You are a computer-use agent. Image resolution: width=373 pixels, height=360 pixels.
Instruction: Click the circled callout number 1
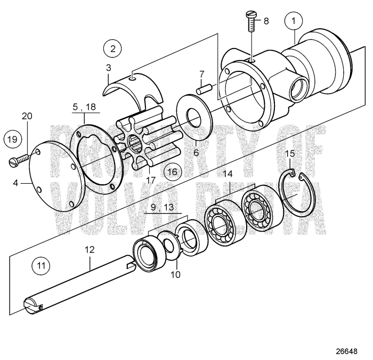tap(293, 21)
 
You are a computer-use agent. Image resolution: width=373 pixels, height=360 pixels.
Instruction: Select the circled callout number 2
tap(111, 48)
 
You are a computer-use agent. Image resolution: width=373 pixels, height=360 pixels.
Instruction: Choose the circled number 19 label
tap(13, 140)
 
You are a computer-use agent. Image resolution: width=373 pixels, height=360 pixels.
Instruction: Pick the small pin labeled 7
tap(204, 89)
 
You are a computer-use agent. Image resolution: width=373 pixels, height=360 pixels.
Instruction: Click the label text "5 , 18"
tap(84, 107)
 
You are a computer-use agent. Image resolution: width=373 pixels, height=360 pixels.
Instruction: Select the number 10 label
tap(176, 275)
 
